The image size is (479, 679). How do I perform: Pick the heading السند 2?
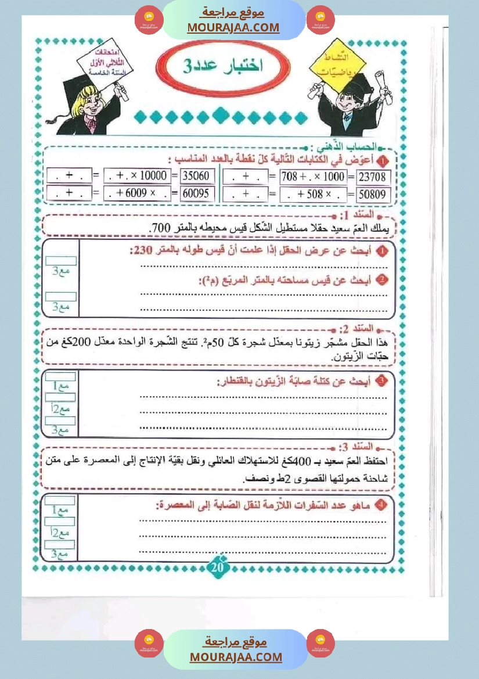378,328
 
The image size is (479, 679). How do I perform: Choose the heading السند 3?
378,447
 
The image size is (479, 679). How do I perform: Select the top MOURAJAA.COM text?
233,27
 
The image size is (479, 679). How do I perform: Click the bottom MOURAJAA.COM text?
236,657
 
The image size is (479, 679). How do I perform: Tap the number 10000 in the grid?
153,176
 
